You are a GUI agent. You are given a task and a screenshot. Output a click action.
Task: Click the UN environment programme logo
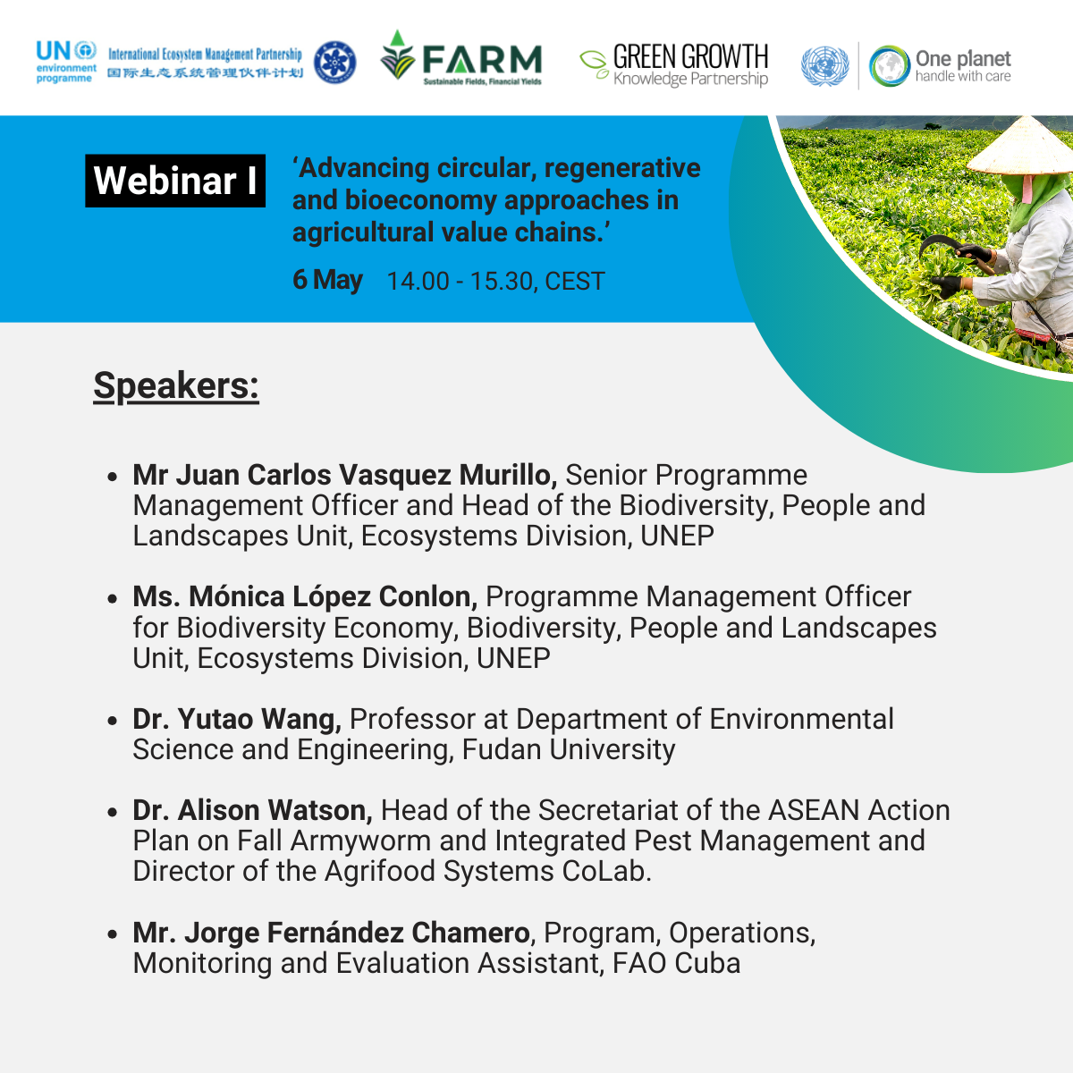pyautogui.click(x=66, y=62)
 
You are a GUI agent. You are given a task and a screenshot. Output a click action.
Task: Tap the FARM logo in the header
pyautogui.click(x=460, y=58)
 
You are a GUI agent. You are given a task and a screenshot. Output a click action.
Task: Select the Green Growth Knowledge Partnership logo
pyautogui.click(x=674, y=64)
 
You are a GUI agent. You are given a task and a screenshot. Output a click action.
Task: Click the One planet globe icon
pyautogui.click(x=889, y=66)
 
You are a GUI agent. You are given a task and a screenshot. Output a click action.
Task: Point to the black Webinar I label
pyautogui.click(x=175, y=181)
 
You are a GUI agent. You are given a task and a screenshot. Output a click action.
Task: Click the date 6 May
pyautogui.click(x=327, y=280)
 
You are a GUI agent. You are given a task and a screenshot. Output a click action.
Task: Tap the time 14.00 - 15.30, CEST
pyautogui.click(x=495, y=281)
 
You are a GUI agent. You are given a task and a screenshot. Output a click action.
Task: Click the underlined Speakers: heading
pyautogui.click(x=176, y=385)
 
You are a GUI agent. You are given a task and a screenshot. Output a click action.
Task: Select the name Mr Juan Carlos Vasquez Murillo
pyautogui.click(x=344, y=475)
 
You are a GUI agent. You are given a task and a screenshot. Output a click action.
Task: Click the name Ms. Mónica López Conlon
pyautogui.click(x=305, y=596)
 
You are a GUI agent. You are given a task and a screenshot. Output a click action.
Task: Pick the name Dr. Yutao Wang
pyautogui.click(x=237, y=718)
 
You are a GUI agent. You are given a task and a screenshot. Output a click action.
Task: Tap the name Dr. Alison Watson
pyautogui.click(x=252, y=809)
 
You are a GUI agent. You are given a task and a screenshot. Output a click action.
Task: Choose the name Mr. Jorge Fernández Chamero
pyautogui.click(x=331, y=932)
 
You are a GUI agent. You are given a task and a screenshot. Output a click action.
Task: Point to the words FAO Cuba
pyautogui.click(x=677, y=963)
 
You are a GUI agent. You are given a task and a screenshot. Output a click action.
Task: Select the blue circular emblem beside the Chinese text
pyautogui.click(x=334, y=63)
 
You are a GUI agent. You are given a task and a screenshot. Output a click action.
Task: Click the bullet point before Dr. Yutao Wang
pyautogui.click(x=113, y=721)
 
